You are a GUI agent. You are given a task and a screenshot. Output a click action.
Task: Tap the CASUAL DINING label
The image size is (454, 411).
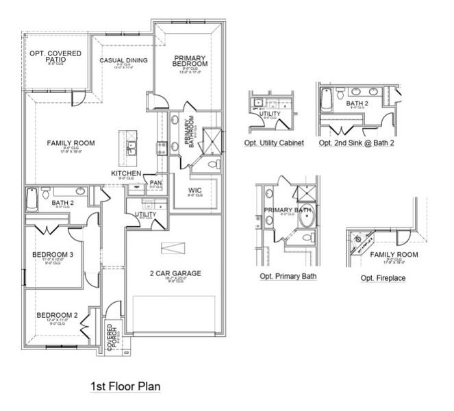click(123, 61)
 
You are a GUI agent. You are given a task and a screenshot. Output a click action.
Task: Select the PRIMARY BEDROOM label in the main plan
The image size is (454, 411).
click(190, 61)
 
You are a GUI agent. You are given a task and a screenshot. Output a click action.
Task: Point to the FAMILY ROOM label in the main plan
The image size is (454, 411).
click(71, 143)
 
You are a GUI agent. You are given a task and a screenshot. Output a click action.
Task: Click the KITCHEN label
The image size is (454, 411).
click(126, 174)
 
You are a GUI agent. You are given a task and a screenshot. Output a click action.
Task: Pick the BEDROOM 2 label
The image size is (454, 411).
click(57, 315)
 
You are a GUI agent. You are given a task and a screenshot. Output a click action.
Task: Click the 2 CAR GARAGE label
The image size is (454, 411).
click(175, 273)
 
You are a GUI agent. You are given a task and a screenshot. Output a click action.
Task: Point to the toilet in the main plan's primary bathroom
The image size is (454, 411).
click(213, 164)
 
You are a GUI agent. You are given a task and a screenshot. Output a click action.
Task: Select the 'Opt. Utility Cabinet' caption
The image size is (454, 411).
click(273, 143)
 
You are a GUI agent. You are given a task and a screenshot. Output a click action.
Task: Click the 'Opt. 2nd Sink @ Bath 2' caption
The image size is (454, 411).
click(356, 143)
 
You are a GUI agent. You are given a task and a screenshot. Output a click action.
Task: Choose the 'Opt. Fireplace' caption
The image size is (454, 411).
click(383, 277)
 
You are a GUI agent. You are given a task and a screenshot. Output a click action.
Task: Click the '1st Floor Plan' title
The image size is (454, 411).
click(125, 386)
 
